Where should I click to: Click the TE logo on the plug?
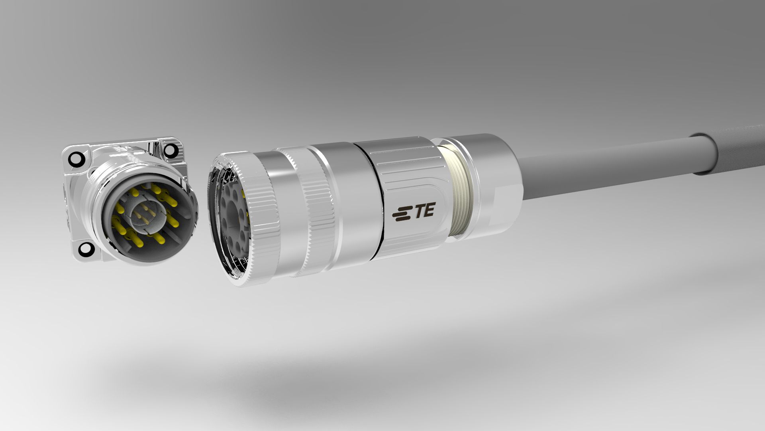[x=414, y=211]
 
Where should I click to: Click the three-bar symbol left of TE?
[x=402, y=214]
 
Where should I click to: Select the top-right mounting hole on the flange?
[x=170, y=150]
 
